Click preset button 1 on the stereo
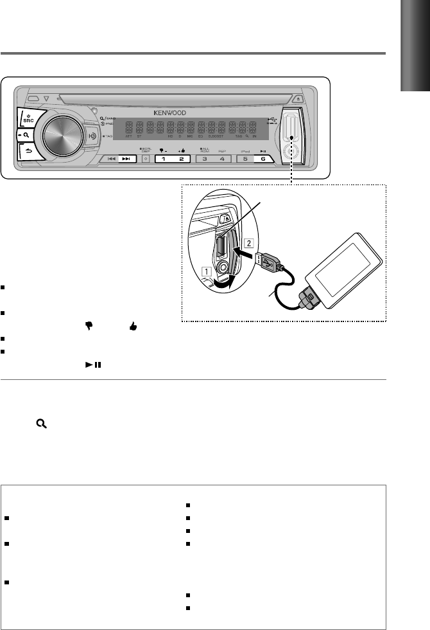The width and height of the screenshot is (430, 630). pos(164,158)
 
